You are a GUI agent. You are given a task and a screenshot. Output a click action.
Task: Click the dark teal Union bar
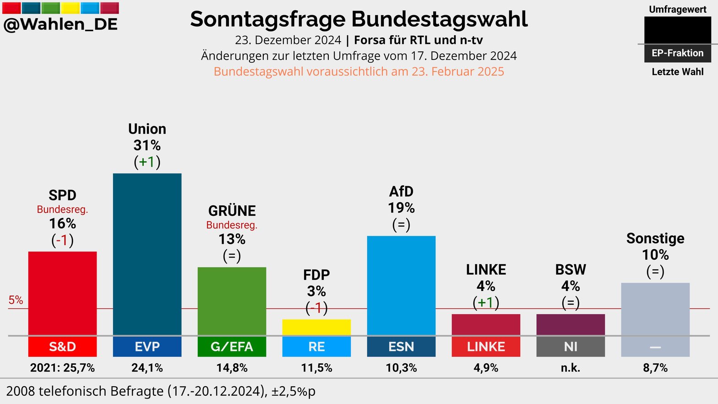[147, 254]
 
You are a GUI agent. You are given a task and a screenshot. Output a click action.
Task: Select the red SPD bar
[62, 293]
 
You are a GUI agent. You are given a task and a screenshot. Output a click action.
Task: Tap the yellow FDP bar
[316, 327]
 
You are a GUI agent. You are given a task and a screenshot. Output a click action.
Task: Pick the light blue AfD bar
[401, 285]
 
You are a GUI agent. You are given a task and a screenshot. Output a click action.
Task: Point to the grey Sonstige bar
[655, 309]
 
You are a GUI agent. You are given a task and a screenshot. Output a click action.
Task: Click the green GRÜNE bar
[232, 301]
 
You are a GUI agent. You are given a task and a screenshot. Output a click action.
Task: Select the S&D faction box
[62, 347]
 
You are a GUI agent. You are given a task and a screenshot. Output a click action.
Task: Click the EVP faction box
[147, 347]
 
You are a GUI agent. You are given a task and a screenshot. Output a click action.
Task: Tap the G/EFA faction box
[232, 347]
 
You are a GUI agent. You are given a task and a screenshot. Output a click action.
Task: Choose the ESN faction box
[401, 347]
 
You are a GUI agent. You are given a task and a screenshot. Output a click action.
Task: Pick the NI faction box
[571, 347]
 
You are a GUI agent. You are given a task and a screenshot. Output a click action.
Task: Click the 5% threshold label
[16, 300]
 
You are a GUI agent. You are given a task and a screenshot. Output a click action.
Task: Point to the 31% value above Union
[147, 146]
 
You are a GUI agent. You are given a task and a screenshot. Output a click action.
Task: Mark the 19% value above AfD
[401, 208]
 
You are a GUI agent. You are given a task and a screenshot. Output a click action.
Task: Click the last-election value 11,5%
[316, 368]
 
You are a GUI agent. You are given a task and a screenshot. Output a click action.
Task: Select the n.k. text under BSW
[571, 368]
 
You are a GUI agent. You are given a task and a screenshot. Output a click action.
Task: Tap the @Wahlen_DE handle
[60, 24]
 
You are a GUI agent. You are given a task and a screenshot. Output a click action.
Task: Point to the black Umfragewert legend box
[677, 30]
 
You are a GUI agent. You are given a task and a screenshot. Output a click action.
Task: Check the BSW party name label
[571, 270]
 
